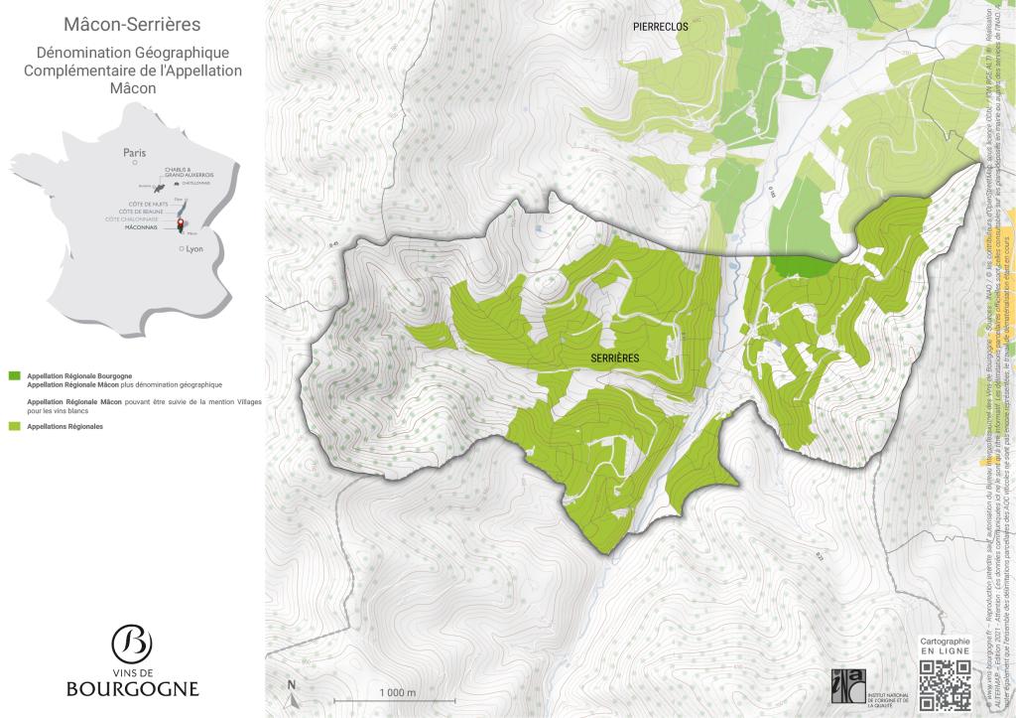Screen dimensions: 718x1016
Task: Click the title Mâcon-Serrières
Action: pos(131,23)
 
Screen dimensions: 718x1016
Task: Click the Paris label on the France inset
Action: pos(134,153)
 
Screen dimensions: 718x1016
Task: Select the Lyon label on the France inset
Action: pos(193,249)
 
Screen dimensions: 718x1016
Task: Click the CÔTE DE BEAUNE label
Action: pos(142,212)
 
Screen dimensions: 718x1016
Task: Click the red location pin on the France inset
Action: pos(181,224)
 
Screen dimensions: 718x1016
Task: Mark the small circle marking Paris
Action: pos(135,164)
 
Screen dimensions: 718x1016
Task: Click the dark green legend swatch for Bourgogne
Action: pos(14,376)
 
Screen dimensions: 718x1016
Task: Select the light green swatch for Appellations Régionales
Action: pos(14,426)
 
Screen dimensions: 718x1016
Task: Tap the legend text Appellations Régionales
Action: pos(65,426)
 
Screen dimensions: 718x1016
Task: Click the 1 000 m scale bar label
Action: pos(396,691)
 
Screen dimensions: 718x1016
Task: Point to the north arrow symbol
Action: pos(292,689)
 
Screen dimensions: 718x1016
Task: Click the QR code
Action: pos(945,684)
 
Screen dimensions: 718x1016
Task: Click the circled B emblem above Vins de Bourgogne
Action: pos(132,644)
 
